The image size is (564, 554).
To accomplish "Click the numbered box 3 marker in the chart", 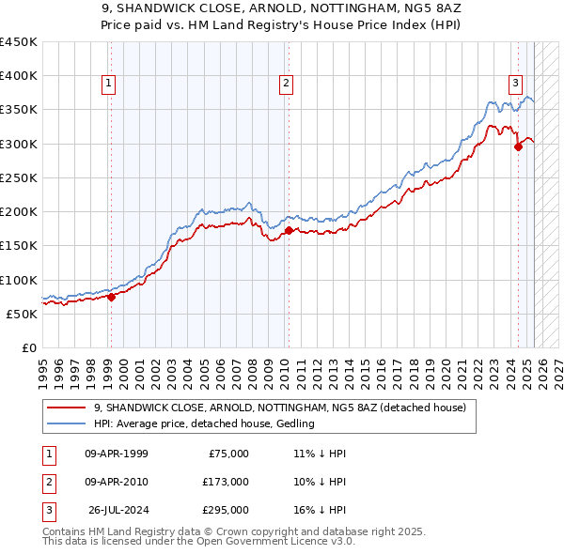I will pos(516,83).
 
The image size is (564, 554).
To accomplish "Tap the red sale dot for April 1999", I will pos(111,297).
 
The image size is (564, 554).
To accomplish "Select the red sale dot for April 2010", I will pos(288,230).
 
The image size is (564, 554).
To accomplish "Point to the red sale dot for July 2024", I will pos(518,146).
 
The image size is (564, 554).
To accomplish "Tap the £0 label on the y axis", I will pos(28,347).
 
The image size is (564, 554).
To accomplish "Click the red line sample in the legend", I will pos(67,408).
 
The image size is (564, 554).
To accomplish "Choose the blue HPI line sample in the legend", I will pos(67,424).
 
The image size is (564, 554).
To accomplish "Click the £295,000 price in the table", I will pos(226,510).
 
